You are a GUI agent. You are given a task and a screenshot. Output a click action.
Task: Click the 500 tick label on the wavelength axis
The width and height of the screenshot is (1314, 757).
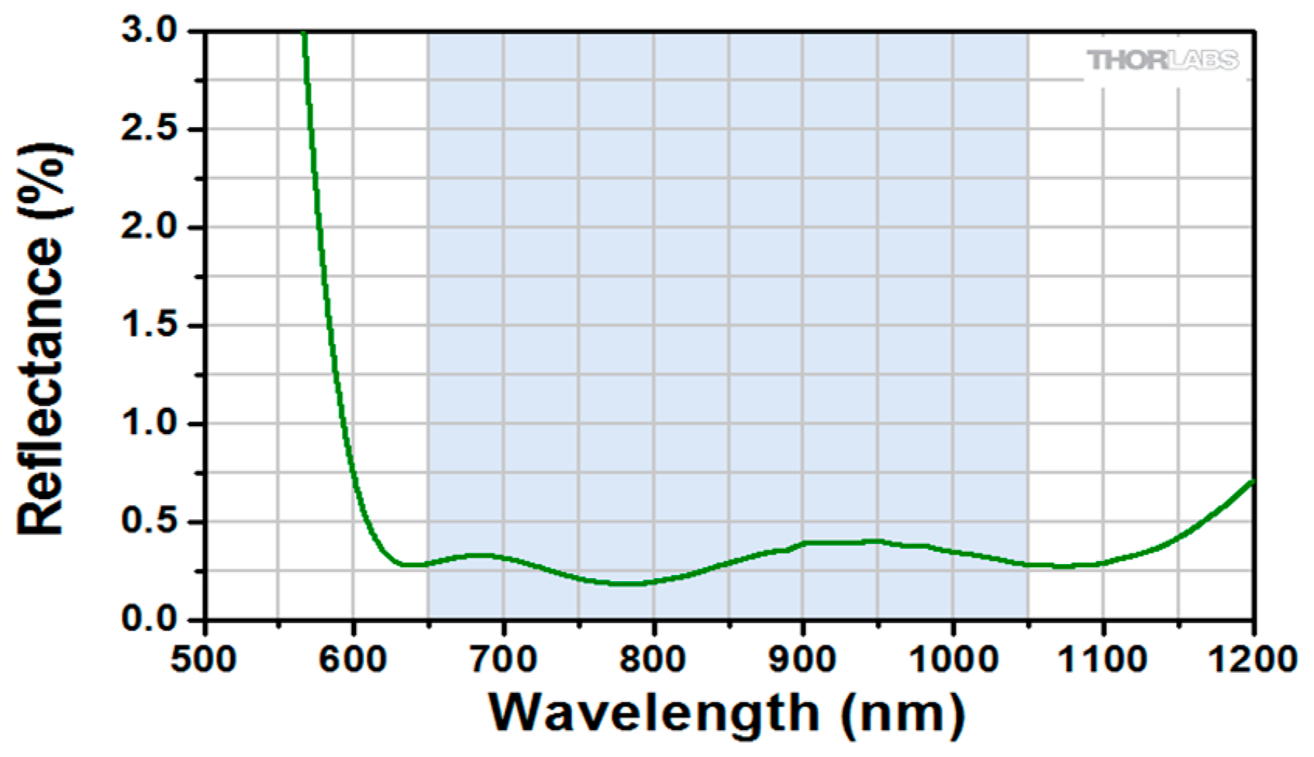point(204,659)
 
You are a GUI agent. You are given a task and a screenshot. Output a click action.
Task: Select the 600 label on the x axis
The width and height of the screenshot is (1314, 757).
point(354,659)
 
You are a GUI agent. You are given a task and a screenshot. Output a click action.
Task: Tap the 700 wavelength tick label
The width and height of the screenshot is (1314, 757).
point(503,659)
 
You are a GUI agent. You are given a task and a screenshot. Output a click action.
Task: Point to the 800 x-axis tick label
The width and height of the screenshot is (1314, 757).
point(653,659)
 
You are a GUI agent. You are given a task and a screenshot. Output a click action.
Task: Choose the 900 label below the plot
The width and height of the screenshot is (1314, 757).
point(803,659)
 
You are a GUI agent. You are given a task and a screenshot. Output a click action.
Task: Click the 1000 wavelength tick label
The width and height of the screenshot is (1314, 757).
point(953,659)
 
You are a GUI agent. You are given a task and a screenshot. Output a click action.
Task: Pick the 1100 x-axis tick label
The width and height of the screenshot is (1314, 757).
point(1102,659)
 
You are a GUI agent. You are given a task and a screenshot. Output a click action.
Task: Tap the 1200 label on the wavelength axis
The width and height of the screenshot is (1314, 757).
point(1252,659)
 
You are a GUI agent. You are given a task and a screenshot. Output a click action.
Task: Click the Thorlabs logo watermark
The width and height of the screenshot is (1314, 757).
point(1162,60)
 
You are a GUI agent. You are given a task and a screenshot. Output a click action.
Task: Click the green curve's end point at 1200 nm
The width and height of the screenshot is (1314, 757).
point(1252,481)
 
